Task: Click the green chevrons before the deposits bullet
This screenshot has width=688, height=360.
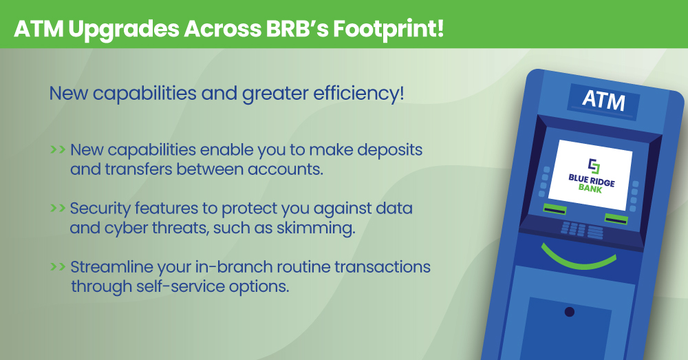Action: point(58,149)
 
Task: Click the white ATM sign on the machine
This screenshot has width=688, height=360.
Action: point(603,100)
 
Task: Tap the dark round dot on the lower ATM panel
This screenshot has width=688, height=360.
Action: point(569,312)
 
